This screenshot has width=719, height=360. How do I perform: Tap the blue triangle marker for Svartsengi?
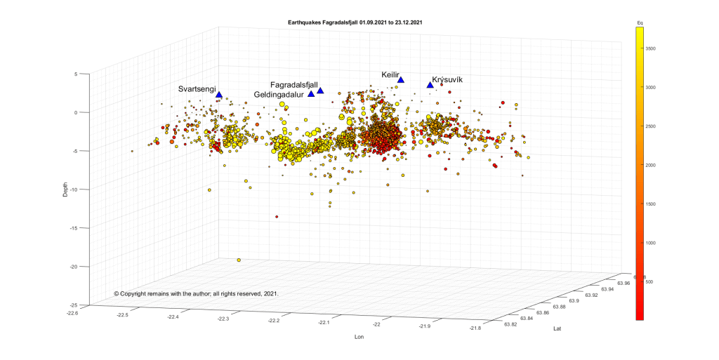(219, 95)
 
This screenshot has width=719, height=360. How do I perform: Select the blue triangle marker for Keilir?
(401, 79)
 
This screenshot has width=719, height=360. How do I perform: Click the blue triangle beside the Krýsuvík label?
(430, 86)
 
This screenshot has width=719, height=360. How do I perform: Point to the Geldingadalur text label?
(279, 94)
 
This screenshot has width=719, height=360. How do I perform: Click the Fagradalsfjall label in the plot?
(294, 85)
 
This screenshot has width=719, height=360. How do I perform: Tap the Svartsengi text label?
(197, 89)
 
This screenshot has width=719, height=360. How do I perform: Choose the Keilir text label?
(390, 74)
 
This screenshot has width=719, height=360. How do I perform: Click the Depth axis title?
(65, 190)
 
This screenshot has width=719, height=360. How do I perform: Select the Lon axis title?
(359, 337)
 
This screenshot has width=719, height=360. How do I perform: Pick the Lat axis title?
(558, 328)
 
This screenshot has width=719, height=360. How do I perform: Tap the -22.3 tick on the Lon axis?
(223, 319)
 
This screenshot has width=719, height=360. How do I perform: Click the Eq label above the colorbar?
(640, 23)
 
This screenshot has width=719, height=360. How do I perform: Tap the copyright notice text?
(197, 293)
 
